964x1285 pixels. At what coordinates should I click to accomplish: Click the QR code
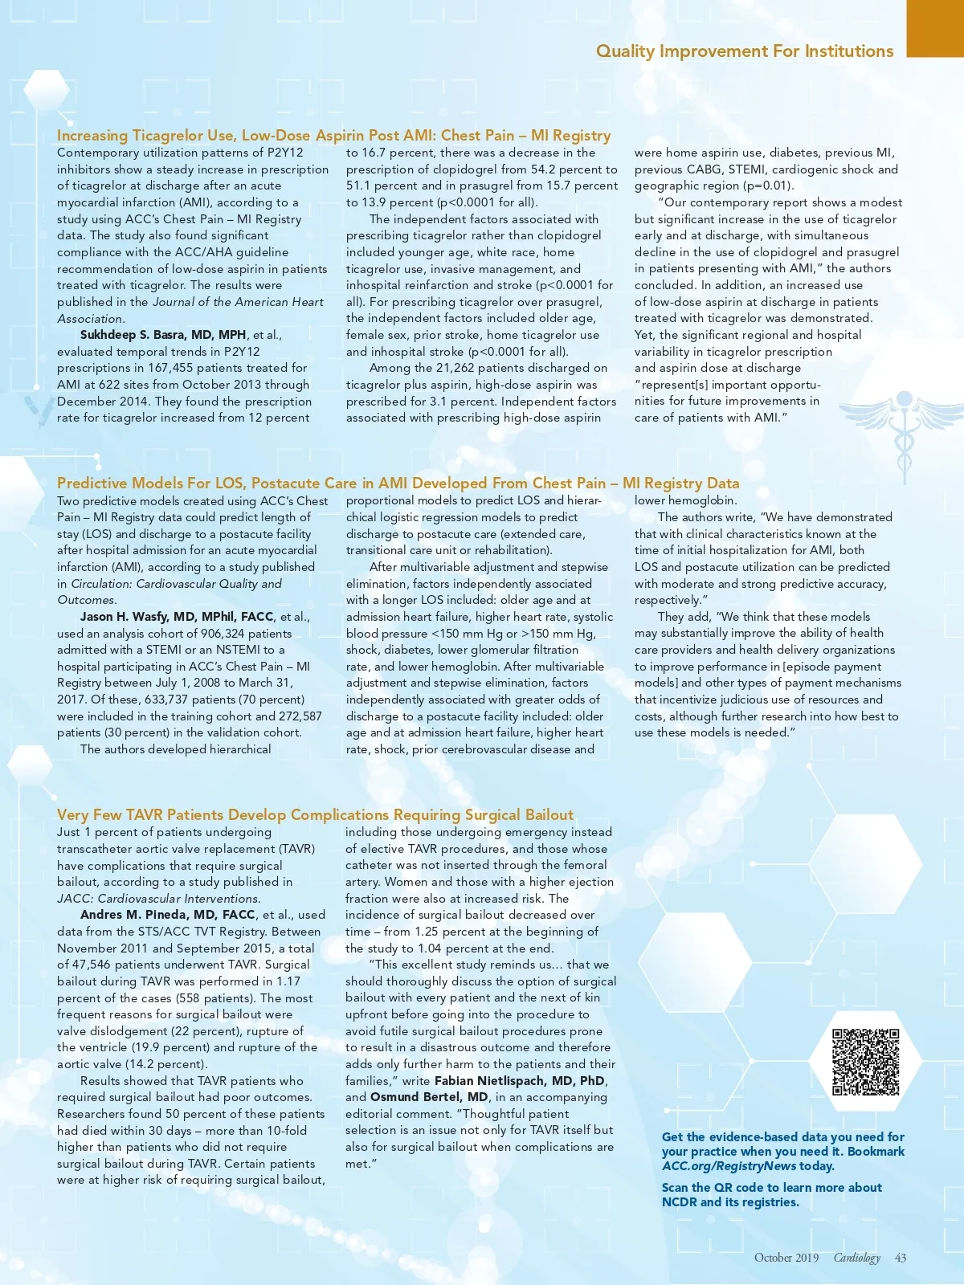[865, 1061]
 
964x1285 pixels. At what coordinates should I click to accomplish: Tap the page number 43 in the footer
[901, 1258]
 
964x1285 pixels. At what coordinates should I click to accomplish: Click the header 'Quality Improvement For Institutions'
[744, 51]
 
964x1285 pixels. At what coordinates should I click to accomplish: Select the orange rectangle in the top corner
[935, 28]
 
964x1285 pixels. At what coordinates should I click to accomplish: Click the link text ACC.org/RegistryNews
[729, 1166]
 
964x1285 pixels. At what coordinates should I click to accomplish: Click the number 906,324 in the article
[223, 634]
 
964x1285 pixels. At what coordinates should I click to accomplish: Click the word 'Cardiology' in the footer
[856, 1258]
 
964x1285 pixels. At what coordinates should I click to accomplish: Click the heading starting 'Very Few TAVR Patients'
[315, 815]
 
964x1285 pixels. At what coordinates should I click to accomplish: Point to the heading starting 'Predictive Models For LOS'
[398, 483]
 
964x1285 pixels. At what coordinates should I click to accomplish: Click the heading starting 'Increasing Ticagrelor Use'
[333, 136]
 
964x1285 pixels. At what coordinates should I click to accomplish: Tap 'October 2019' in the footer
[786, 1258]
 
